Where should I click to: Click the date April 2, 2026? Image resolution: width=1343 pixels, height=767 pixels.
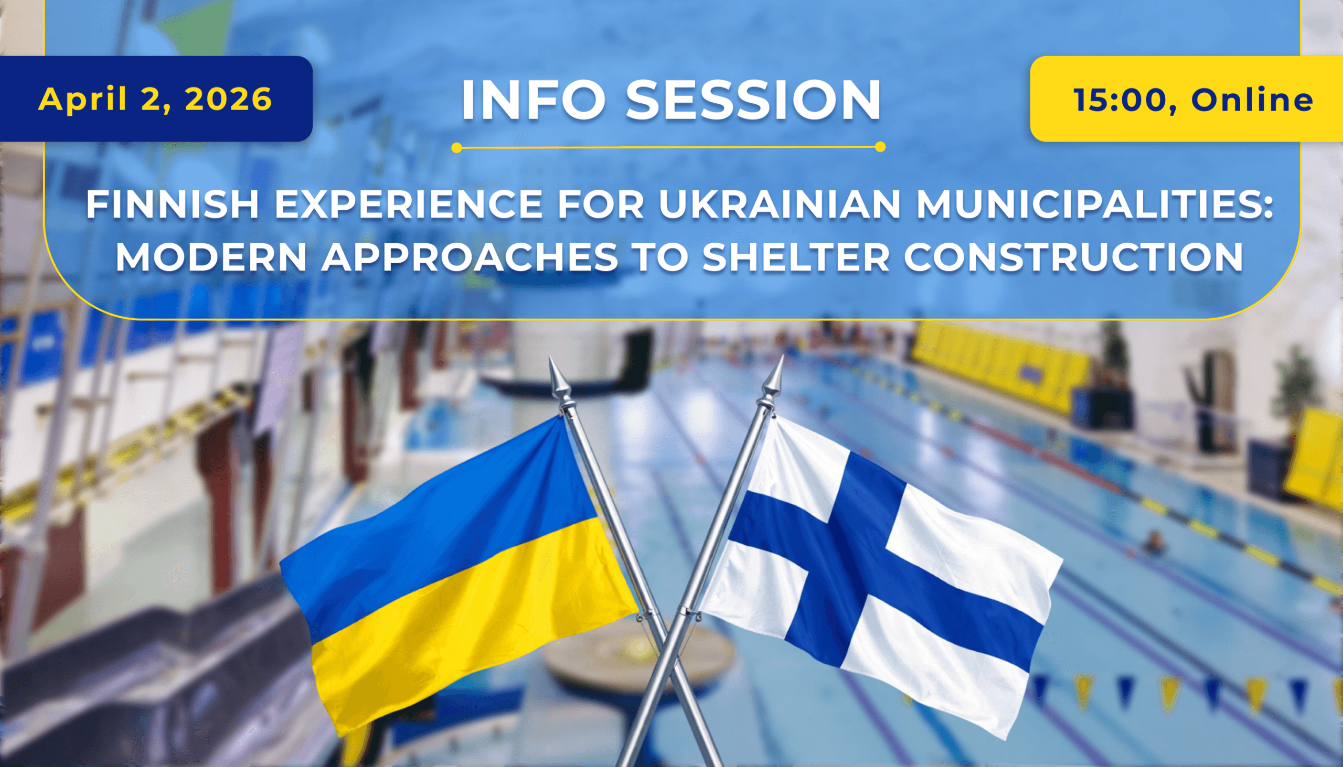point(155,99)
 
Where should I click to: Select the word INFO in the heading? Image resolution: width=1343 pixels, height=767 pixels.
point(532,100)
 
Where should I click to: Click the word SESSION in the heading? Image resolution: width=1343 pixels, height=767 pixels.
point(753,100)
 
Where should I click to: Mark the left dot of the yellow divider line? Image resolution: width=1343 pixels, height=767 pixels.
point(457,148)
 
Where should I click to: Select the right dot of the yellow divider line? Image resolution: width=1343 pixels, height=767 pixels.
point(880,147)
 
